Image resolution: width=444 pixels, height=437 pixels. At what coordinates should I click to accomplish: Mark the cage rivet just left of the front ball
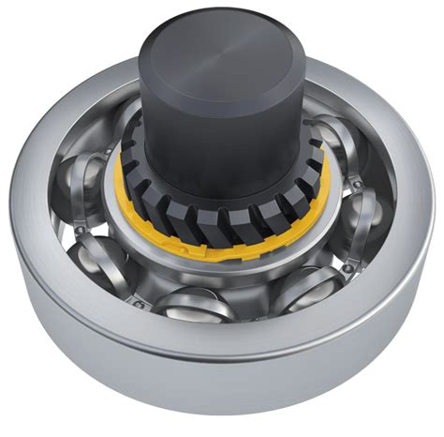139,303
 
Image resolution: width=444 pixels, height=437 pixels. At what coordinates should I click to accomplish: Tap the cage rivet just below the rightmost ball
348,269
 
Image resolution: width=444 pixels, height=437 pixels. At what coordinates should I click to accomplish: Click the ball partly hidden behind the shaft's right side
323,137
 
